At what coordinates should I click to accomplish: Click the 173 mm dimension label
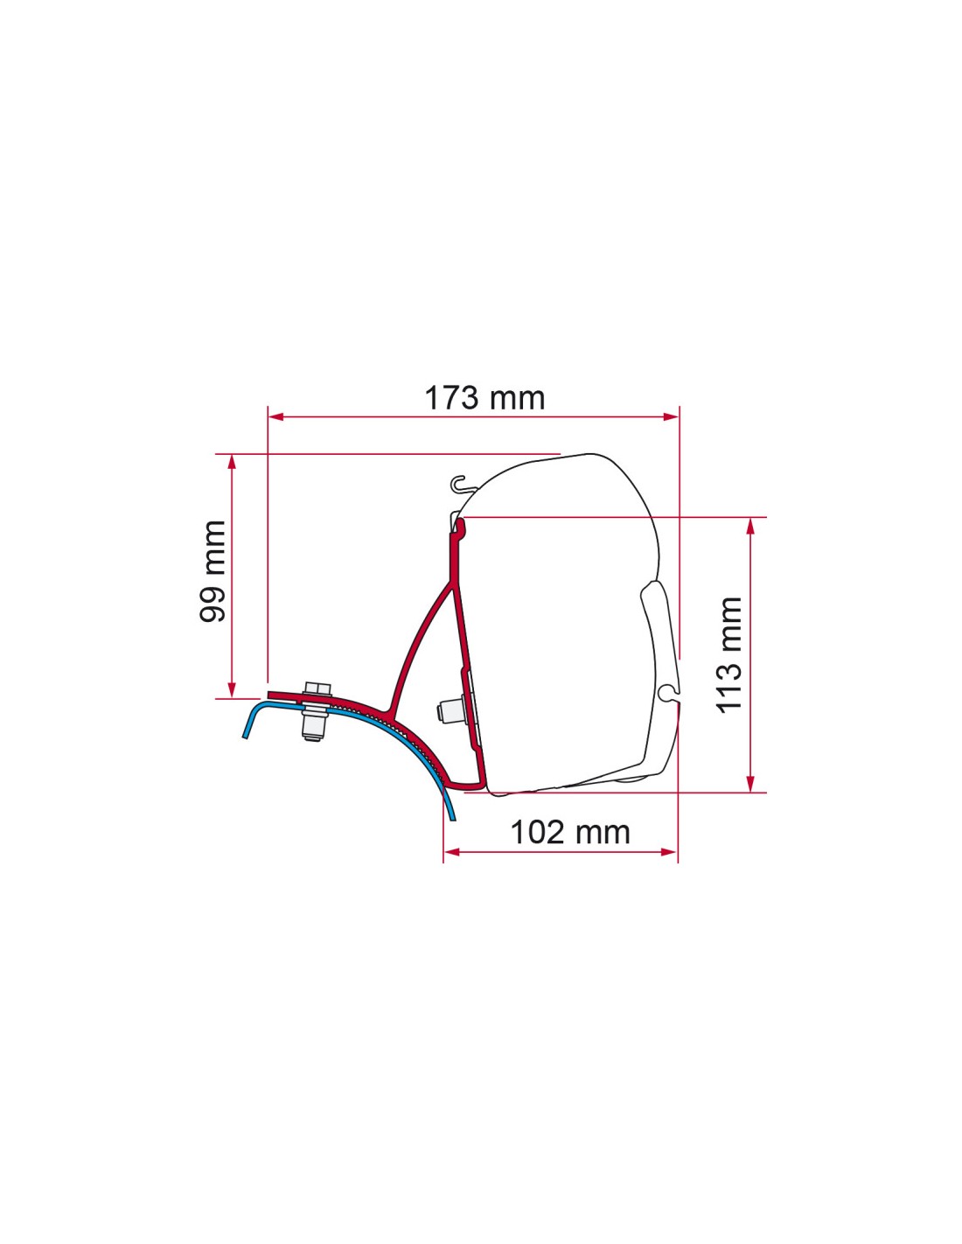(484, 398)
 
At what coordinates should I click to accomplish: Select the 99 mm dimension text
(213, 570)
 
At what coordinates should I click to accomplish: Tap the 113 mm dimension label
(729, 655)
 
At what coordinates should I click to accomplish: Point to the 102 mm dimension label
(569, 832)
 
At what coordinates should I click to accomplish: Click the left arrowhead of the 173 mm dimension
(275, 416)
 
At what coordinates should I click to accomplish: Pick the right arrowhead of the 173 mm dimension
(670, 416)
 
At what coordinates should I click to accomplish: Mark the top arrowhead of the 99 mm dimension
(232, 463)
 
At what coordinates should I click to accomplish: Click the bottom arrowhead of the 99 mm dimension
(232, 690)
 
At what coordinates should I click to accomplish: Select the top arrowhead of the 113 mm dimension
(751, 526)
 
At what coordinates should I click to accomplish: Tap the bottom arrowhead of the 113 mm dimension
(751, 785)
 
